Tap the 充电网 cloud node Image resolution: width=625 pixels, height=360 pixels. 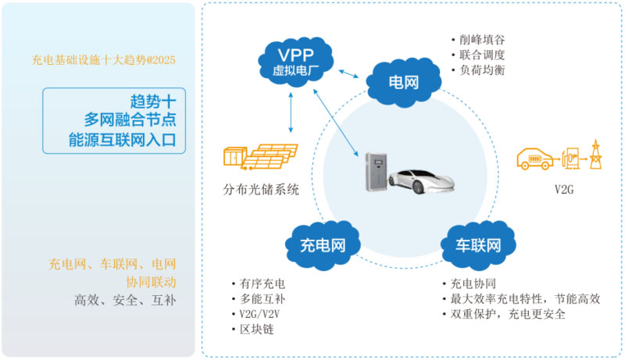[x=323, y=246]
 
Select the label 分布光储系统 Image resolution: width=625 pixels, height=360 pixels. [x=261, y=190]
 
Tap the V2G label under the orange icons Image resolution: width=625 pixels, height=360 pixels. [x=564, y=190]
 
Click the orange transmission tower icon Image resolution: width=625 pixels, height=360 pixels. [x=595, y=154]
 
